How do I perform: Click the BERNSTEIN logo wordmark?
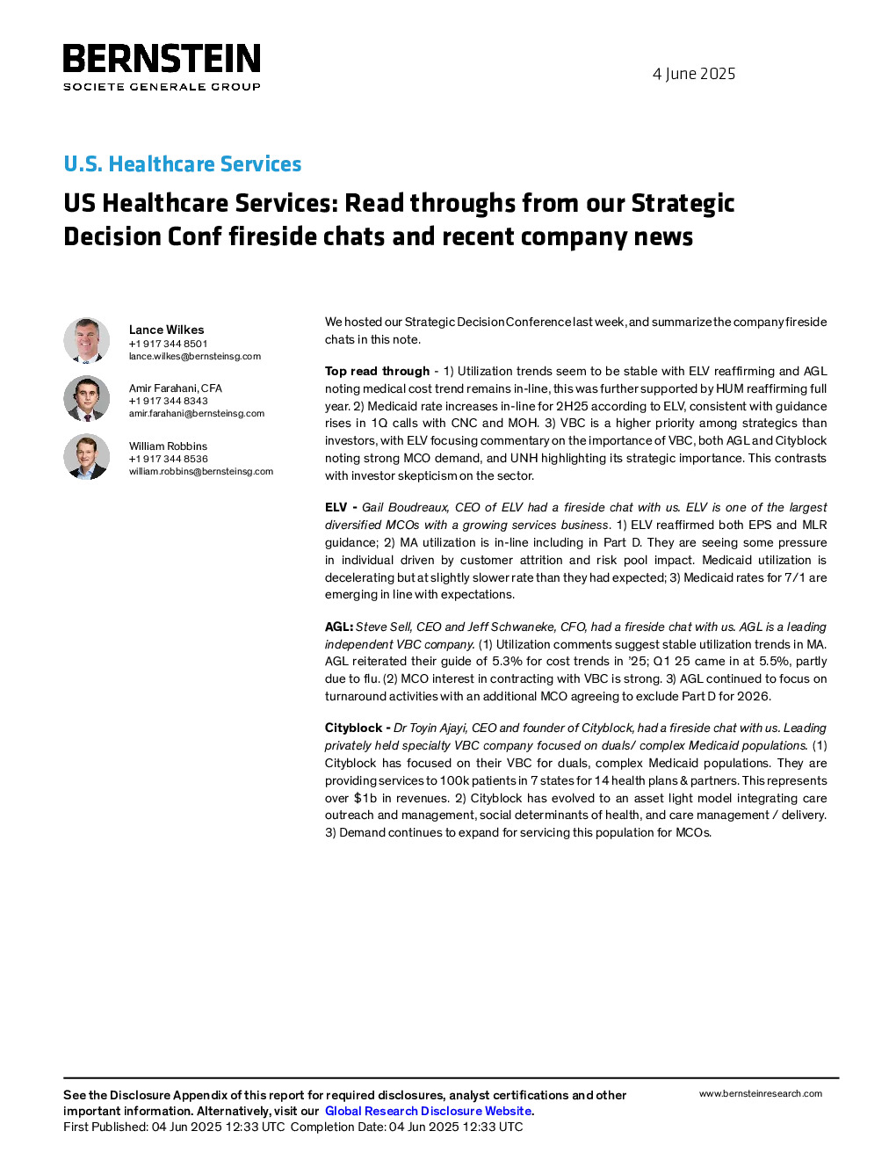162,58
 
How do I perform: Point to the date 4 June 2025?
694,74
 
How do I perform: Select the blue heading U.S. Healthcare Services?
183,163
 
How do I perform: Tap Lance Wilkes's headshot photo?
86,341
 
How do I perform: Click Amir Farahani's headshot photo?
86,398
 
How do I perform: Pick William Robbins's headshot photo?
86,456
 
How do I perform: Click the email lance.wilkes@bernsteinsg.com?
195,356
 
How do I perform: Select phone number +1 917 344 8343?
168,401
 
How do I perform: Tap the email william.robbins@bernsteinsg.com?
200,471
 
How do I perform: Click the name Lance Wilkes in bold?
167,330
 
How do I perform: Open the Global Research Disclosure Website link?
429,1111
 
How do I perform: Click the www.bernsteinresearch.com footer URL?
761,1093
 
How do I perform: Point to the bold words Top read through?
378,371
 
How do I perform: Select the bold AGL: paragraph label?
339,627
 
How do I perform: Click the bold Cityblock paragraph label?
353,729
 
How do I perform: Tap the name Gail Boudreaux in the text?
405,507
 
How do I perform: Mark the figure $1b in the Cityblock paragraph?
365,798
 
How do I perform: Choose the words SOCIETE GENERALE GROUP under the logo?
162,86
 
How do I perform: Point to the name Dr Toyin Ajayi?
430,729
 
